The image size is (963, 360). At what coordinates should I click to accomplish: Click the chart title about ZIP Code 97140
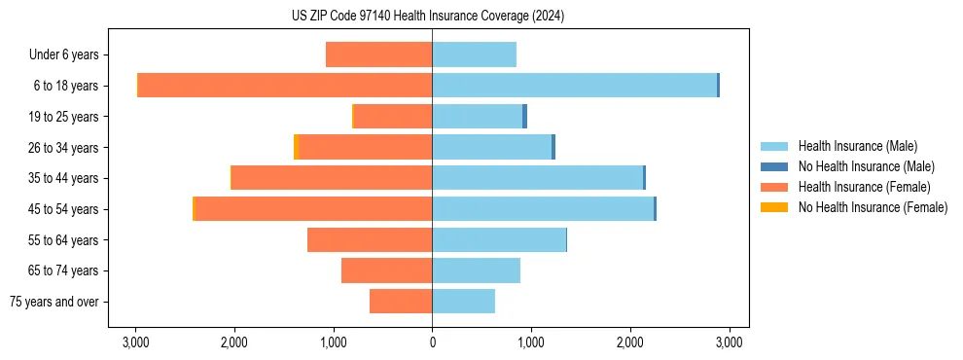pyautogui.click(x=427, y=16)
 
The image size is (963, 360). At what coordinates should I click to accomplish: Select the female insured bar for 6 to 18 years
pyautogui.click(x=285, y=86)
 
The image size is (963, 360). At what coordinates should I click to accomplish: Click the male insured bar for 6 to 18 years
pyautogui.click(x=574, y=86)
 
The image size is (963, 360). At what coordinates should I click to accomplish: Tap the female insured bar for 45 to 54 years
pyautogui.click(x=313, y=209)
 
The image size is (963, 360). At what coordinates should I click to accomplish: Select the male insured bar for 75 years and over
pyautogui.click(x=463, y=302)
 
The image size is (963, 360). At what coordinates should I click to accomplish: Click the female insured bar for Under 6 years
pyautogui.click(x=378, y=54)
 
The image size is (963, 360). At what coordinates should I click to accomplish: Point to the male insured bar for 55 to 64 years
pyautogui.click(x=499, y=240)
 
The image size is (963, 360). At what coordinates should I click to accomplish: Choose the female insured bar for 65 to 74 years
pyautogui.click(x=386, y=270)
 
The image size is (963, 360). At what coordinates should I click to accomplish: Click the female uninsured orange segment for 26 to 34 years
pyautogui.click(x=297, y=147)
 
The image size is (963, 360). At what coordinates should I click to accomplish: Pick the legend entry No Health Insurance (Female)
pyautogui.click(x=873, y=207)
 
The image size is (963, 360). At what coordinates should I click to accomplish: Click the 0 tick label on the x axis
pyautogui.click(x=432, y=342)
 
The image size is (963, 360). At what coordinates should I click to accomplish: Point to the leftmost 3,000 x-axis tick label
pyautogui.click(x=135, y=342)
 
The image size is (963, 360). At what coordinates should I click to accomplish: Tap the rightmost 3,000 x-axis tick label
pyautogui.click(x=730, y=342)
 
